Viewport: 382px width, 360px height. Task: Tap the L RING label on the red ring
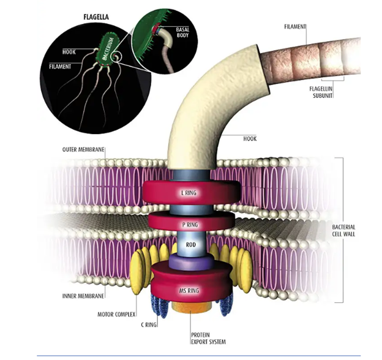pyautogui.click(x=190, y=192)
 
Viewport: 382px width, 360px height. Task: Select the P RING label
pyautogui.click(x=190, y=223)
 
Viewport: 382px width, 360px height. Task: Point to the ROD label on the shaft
pyautogui.click(x=190, y=245)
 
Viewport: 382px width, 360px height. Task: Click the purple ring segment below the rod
pyautogui.click(x=190, y=263)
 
